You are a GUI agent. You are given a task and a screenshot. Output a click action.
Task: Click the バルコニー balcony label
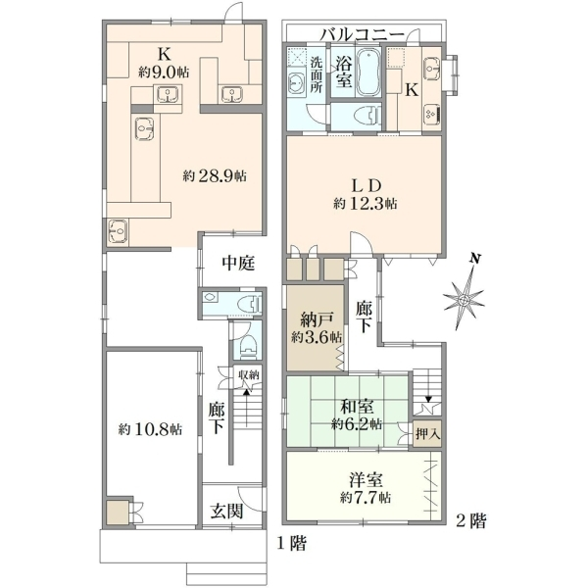[363, 35]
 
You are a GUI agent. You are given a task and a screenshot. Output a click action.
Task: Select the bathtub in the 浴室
[368, 72]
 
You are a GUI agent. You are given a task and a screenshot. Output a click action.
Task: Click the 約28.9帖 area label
[215, 175]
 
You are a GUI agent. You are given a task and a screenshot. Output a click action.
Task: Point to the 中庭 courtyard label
[238, 263]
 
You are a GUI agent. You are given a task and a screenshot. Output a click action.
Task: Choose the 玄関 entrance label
[226, 512]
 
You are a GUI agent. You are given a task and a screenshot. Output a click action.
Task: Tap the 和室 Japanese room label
[357, 407]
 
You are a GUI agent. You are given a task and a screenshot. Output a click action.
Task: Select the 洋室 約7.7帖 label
[366, 489]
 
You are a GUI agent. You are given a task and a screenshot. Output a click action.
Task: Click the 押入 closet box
[427, 434]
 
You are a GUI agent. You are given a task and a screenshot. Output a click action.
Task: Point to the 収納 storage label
[249, 374]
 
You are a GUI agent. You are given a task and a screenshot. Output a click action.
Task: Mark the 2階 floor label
[470, 520]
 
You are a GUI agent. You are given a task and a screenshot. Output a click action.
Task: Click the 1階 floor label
[291, 543]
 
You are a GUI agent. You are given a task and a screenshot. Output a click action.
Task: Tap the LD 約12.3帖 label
[366, 195]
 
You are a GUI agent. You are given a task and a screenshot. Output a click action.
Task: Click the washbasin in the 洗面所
[298, 83]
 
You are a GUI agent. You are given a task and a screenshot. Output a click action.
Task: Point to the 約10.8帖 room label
[150, 429]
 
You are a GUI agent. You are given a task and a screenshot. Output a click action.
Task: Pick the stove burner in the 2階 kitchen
[433, 114]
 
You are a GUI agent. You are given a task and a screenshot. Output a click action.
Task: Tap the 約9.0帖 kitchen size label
[164, 72]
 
